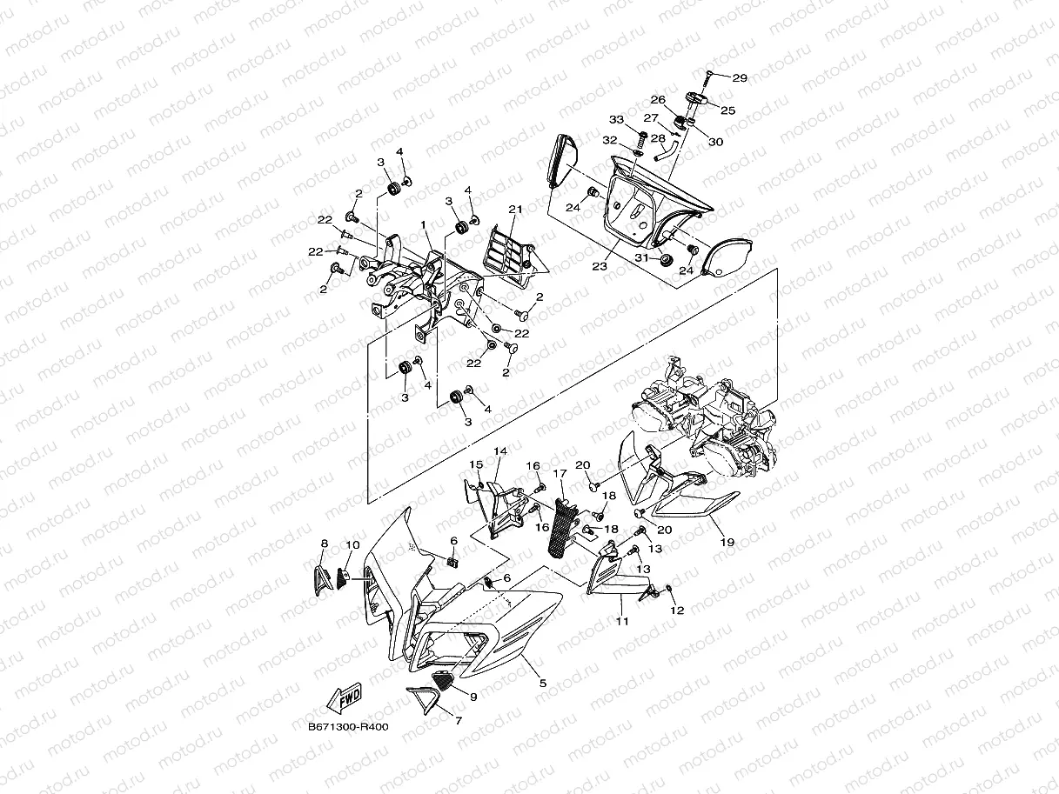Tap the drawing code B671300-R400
347,727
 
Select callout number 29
739,78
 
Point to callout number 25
727,110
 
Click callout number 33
616,119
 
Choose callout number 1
424,224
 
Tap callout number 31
641,257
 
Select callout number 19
727,542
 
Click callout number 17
560,474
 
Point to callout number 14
500,451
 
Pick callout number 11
622,622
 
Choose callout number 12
677,611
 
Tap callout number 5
542,684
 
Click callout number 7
459,720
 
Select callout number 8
325,544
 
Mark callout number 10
352,545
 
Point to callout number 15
477,464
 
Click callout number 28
658,137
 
